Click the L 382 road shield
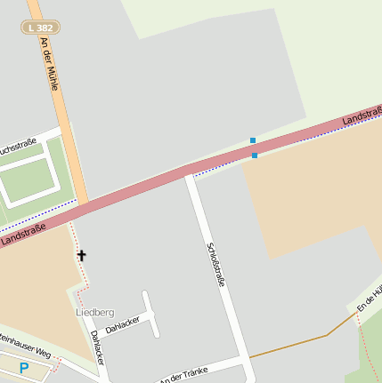pyautogui.click(x=40, y=28)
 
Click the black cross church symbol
pyautogui.click(x=81, y=256)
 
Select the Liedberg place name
pyautogui.click(x=94, y=313)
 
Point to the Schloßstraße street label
pyautogui.click(x=215, y=265)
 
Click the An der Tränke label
pyautogui.click(x=188, y=374)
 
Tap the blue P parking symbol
pyautogui.click(x=24, y=368)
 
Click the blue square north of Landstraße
pyautogui.click(x=253, y=140)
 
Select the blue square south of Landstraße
pyautogui.click(x=255, y=156)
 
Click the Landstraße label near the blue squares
pyautogui.click(x=362, y=116)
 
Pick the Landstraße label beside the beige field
pyautogui.click(x=19, y=236)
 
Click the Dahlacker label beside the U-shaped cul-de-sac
pyautogui.click(x=123, y=324)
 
